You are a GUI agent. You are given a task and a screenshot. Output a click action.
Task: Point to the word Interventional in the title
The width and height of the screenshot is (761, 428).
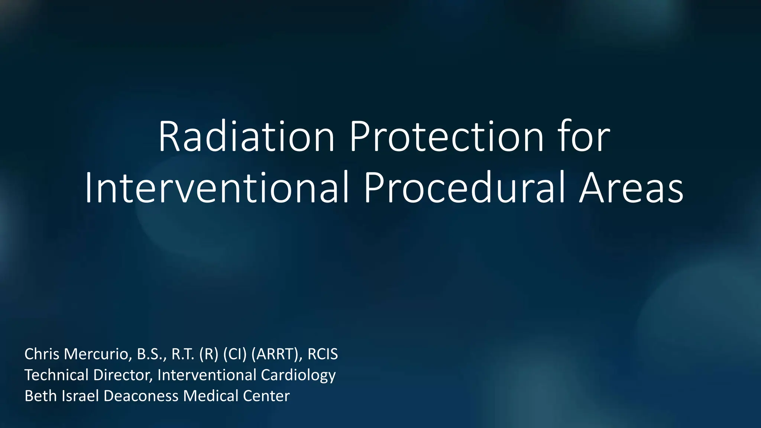[x=217, y=188]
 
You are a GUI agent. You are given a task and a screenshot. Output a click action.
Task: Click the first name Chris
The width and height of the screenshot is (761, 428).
[x=42, y=354]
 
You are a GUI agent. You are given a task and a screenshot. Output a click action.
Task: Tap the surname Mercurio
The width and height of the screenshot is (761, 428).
[x=98, y=354]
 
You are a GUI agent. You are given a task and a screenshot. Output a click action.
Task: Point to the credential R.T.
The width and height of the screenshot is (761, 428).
[x=183, y=354]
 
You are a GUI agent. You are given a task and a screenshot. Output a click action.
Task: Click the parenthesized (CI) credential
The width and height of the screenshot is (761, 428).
[x=235, y=354]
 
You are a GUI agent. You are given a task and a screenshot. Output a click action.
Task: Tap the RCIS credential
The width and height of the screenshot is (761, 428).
[x=323, y=354]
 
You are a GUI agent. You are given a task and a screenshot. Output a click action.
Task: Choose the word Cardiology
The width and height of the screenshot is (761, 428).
[x=298, y=375]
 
